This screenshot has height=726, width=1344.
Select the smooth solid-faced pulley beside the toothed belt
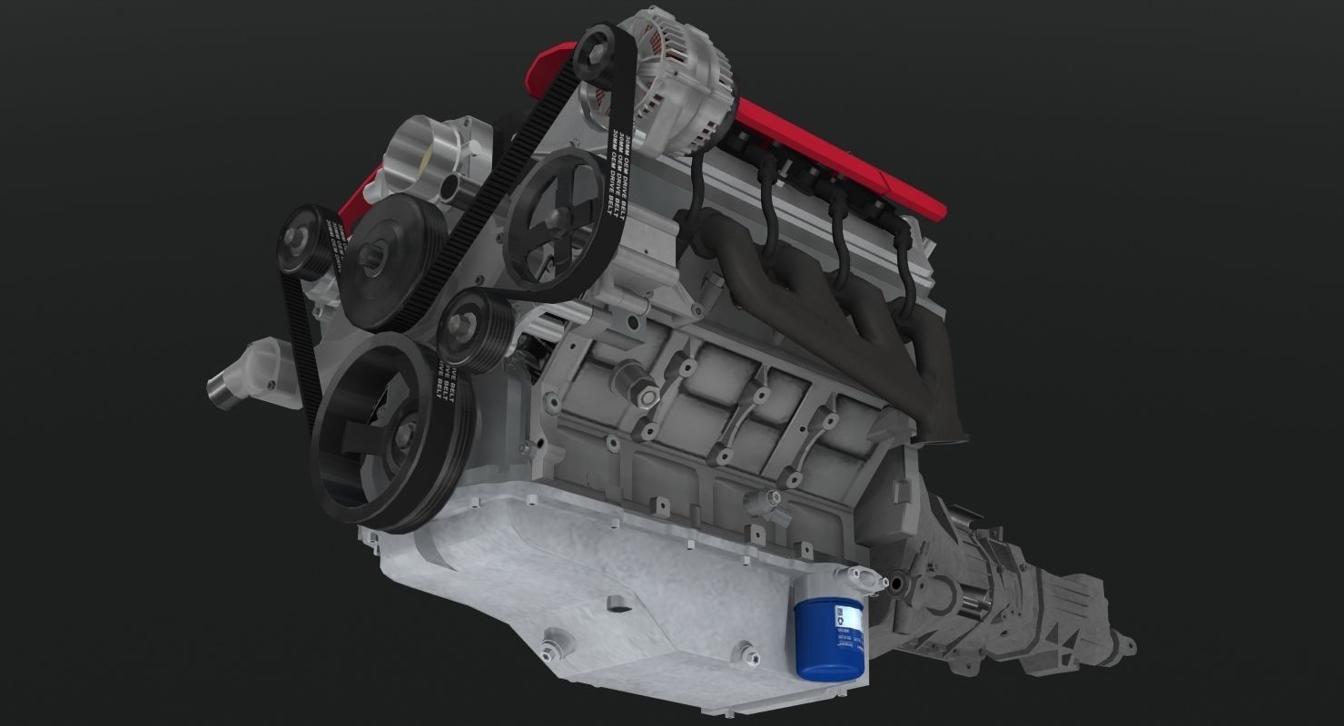point(382,263)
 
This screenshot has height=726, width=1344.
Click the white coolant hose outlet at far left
point(239,377)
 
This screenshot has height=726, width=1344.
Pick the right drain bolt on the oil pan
point(746,652)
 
